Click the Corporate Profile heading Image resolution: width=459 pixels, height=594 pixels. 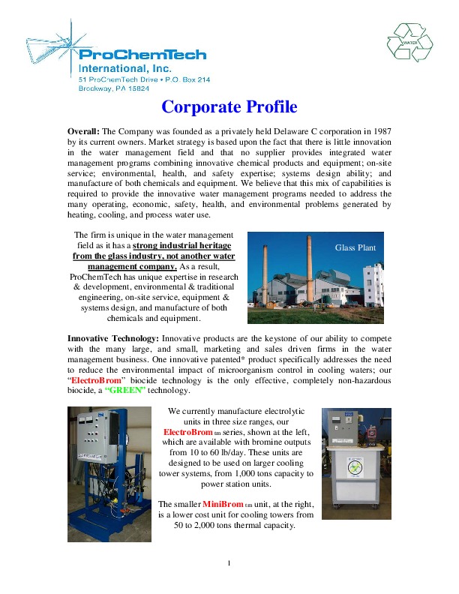[x=229, y=106]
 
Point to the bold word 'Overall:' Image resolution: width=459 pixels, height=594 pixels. [x=83, y=131]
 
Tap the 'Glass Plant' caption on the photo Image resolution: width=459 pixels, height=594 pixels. [x=355, y=247]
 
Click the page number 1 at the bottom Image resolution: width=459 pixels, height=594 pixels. [x=229, y=562]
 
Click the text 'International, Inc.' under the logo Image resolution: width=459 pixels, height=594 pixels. [x=120, y=67]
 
